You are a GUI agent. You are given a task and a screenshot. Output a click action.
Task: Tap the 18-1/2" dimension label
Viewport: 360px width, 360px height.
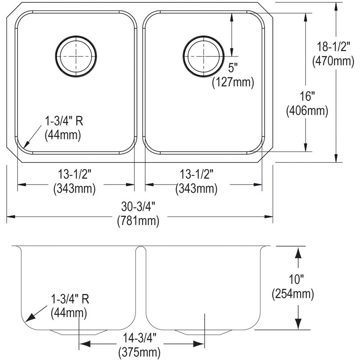coord(333,47)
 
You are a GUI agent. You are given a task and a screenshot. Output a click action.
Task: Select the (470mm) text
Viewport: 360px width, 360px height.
coord(333,61)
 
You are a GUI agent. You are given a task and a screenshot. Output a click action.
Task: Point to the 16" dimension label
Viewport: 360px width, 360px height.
coord(307,96)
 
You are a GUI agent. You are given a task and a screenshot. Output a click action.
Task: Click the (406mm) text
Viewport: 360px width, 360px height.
coord(307,111)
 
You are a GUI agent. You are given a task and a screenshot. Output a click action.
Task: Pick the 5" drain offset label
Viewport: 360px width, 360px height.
coord(233,68)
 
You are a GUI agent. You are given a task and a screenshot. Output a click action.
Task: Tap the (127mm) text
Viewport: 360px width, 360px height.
coord(233,82)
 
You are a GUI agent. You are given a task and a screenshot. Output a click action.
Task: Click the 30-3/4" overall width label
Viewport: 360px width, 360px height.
coord(138,207)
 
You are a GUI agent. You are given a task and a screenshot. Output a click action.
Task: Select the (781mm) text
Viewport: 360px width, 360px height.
coord(138,221)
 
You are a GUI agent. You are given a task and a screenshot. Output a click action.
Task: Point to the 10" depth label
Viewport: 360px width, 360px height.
coord(296,279)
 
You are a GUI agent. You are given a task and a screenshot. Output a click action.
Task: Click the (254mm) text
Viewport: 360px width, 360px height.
coord(293,294)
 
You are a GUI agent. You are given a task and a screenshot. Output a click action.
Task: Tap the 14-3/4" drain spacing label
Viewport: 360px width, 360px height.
coord(139,338)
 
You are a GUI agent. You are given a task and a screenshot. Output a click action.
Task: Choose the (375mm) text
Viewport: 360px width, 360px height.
coord(139,352)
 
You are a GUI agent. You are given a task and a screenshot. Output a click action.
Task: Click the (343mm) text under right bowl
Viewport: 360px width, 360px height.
coord(196,189)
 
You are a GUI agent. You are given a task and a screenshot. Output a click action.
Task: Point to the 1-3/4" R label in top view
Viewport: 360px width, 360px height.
coord(64,121)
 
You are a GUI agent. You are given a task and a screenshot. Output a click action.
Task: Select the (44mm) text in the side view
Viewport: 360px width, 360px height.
coord(69,313)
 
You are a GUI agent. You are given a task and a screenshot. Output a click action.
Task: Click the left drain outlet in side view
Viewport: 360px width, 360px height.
coord(79,332)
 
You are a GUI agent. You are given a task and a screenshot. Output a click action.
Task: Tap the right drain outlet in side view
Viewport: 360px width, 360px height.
coord(203,332)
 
